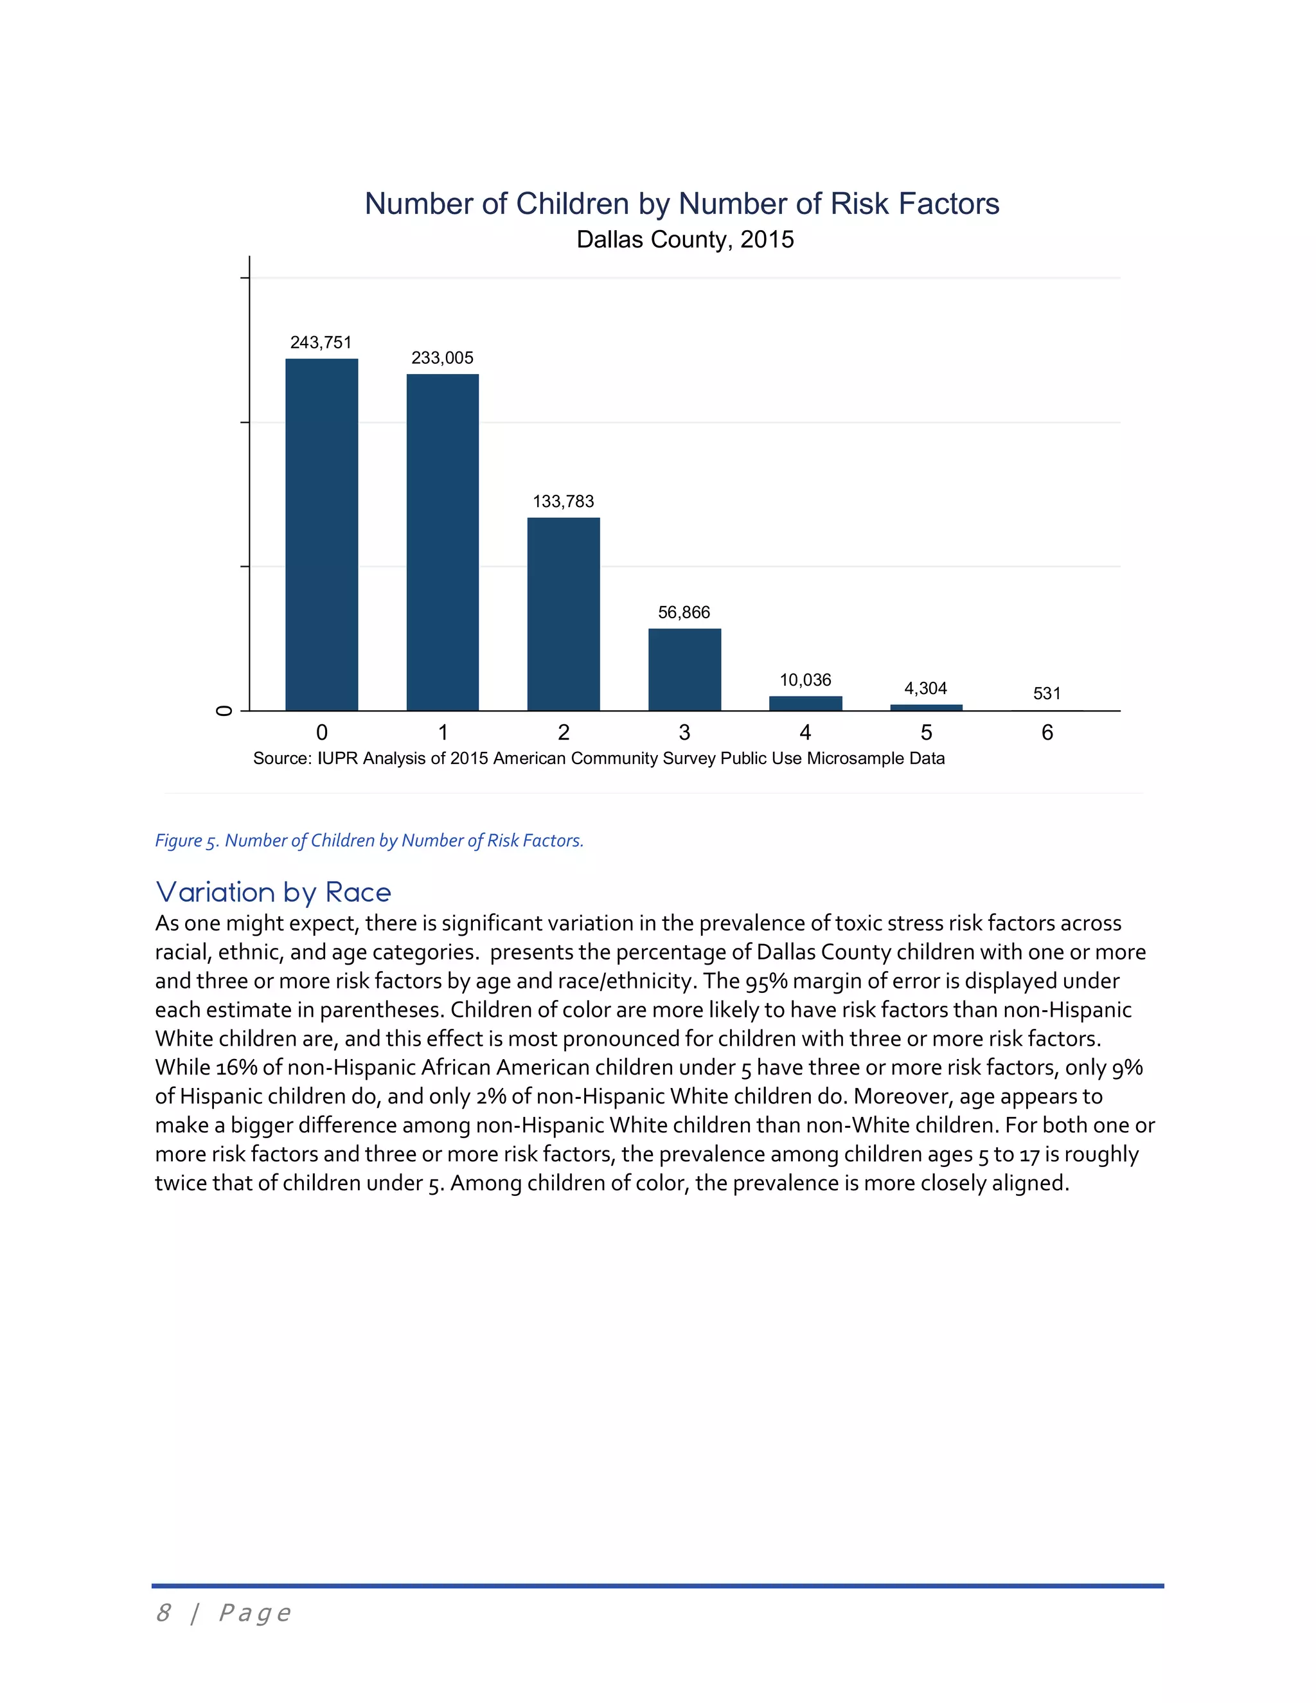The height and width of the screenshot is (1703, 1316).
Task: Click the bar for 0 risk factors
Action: [321, 534]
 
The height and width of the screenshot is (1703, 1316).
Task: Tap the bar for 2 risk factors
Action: [563, 614]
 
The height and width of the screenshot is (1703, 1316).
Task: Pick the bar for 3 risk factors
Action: [684, 669]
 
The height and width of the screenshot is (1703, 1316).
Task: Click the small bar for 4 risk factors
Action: [805, 703]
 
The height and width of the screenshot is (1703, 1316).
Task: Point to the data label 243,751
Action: [321, 343]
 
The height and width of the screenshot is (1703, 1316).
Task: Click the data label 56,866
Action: [684, 612]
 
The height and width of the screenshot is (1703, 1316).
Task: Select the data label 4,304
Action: [925, 688]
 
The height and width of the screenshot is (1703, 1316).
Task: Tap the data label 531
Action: [1046, 693]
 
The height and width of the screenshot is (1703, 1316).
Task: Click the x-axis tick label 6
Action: [1047, 732]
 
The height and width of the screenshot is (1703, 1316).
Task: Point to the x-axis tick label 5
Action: [926, 732]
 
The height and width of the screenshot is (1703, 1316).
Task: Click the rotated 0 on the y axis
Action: [224, 710]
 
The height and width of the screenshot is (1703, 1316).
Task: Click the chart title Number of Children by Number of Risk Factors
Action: [681, 204]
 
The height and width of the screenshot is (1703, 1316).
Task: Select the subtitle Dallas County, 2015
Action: [684, 240]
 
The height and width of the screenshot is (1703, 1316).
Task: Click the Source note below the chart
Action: [598, 758]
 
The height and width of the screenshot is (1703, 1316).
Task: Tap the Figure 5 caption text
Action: [369, 840]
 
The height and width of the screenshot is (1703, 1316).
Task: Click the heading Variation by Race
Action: [273, 891]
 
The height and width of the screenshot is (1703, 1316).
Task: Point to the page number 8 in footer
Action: [163, 1612]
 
